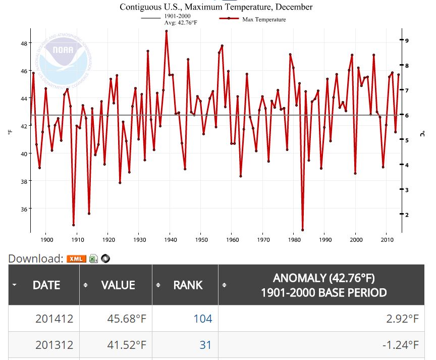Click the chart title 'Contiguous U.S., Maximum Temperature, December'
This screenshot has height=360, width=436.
coord(215,7)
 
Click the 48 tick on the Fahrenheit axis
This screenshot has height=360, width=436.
coord(24,43)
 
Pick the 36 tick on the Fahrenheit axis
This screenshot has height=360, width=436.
coord(24,209)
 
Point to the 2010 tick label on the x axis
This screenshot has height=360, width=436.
coord(387,240)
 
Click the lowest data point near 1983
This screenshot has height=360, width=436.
coord(302,230)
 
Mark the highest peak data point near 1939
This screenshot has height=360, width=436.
coord(167,31)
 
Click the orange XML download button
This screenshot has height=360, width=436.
coord(76,259)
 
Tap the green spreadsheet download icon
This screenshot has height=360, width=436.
coord(93,259)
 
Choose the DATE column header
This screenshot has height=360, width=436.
coord(46,285)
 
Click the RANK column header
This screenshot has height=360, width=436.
coord(187,285)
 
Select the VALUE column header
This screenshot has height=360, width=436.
coord(118,285)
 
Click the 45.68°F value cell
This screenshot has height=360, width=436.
coord(124,319)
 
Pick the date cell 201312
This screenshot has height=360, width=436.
coord(54,345)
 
